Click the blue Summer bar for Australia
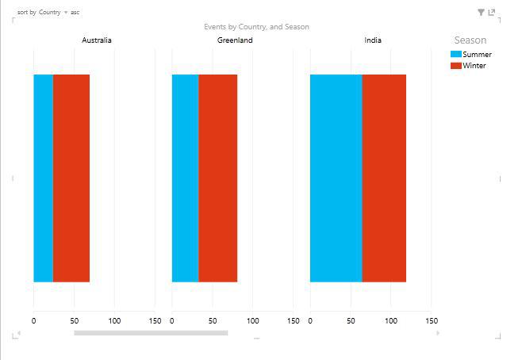[43, 178]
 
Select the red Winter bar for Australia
[71, 178]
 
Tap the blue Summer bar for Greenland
[185, 178]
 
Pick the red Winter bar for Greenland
[217, 178]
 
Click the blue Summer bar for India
[336, 178]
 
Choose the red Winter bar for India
[384, 178]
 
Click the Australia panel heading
[97, 40]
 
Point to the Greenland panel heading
[235, 40]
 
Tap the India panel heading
[373, 40]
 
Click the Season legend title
[470, 40]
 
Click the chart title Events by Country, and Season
[256, 27]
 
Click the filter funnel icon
[481, 13]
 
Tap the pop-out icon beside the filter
[492, 13]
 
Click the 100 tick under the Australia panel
[114, 321]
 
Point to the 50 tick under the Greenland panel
[213, 321]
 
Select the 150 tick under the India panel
[432, 321]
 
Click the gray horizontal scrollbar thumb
[151, 333]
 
